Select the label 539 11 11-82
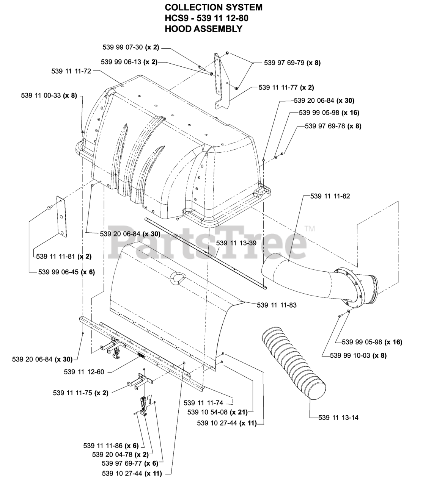pyautogui.click(x=330, y=196)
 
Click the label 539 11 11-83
pyautogui.click(x=277, y=305)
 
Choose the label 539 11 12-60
pyautogui.click(x=84, y=372)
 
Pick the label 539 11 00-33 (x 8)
pyautogui.click(x=49, y=96)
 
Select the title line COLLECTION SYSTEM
pyautogui.click(x=214, y=7)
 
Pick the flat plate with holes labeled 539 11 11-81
pyautogui.click(x=61, y=217)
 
